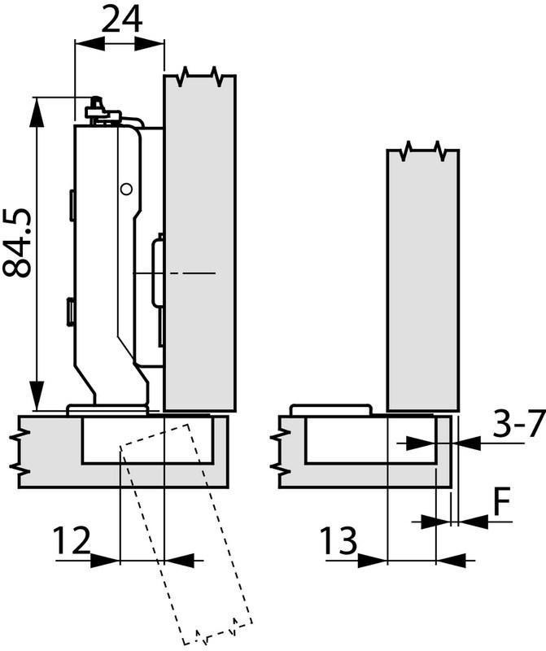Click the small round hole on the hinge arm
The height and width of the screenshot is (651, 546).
124,189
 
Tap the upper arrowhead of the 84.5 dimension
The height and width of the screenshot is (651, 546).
36,111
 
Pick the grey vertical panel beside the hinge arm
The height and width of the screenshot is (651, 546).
200,244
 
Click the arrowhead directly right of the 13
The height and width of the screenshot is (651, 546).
371,559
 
